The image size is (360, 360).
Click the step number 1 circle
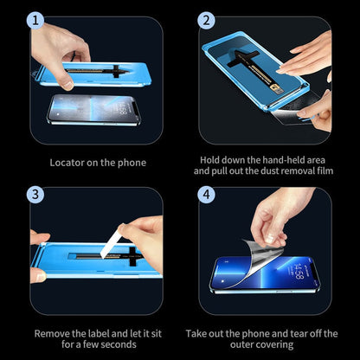36,20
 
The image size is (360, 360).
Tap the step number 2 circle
206,20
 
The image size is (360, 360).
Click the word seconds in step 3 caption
118,344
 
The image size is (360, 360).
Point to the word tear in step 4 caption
300,332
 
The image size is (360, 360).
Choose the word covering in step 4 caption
281,344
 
